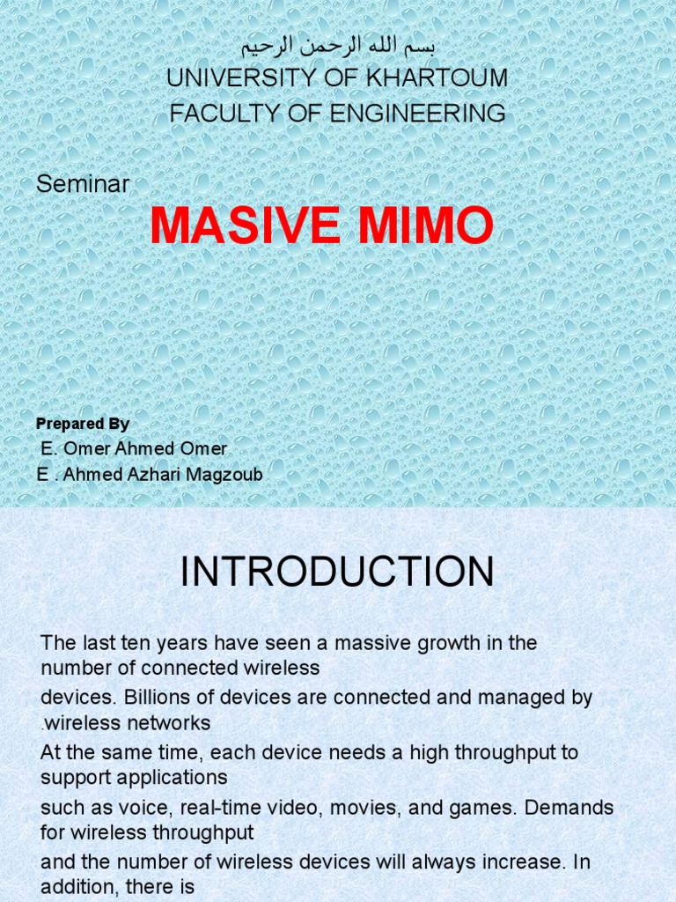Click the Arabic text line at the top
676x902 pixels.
(x=338, y=46)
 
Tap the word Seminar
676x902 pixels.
(x=83, y=184)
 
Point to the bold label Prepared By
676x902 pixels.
(x=83, y=424)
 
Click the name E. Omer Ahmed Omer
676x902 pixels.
(x=134, y=448)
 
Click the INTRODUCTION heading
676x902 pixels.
(x=337, y=573)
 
